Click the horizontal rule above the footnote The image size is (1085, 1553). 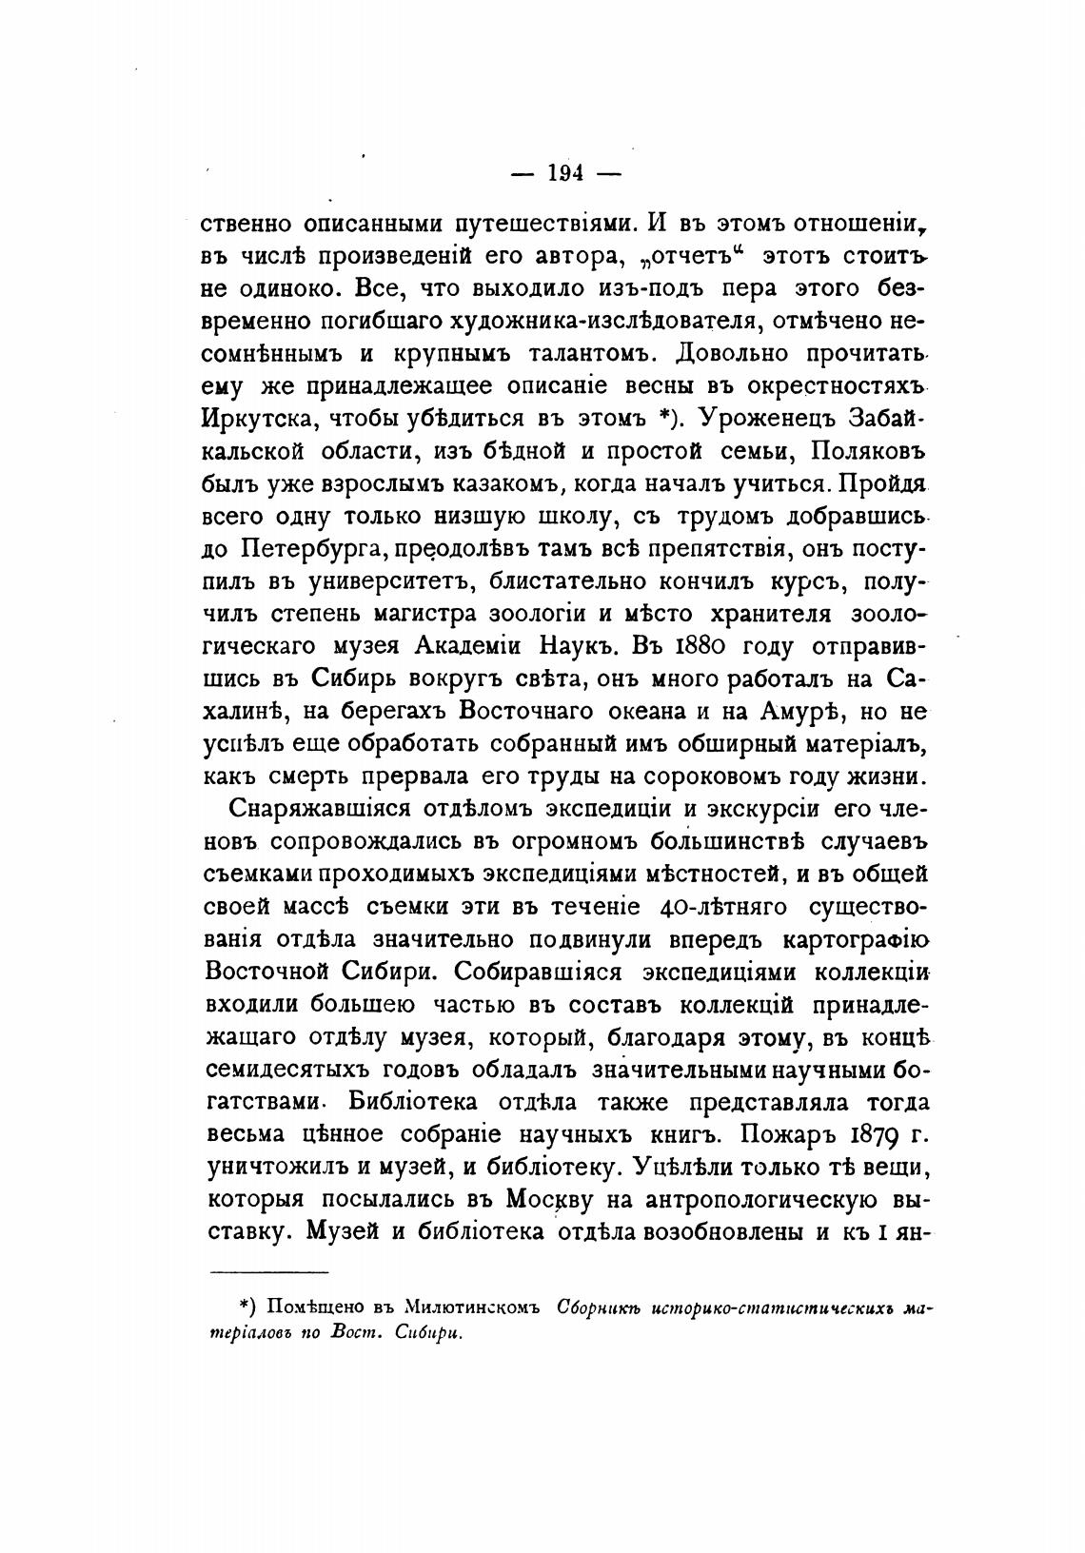click(268, 1272)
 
